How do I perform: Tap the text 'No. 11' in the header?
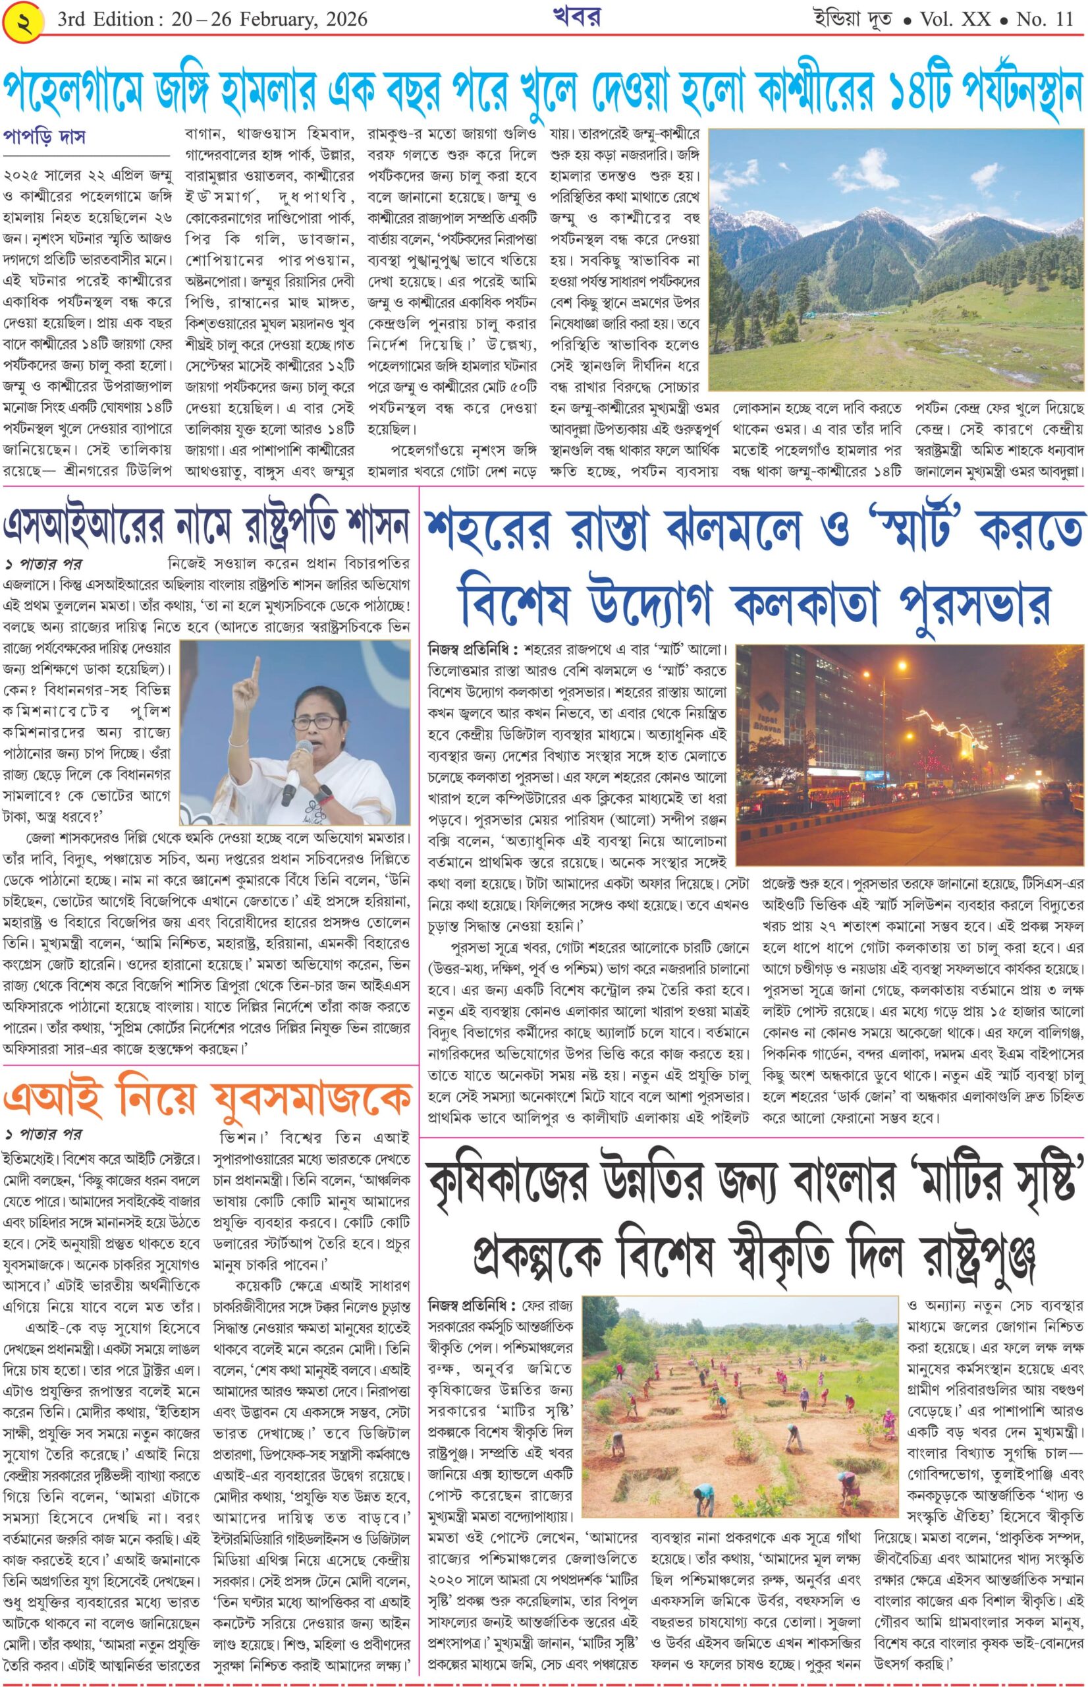(x=1043, y=18)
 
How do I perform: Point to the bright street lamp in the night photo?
(x=902, y=667)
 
